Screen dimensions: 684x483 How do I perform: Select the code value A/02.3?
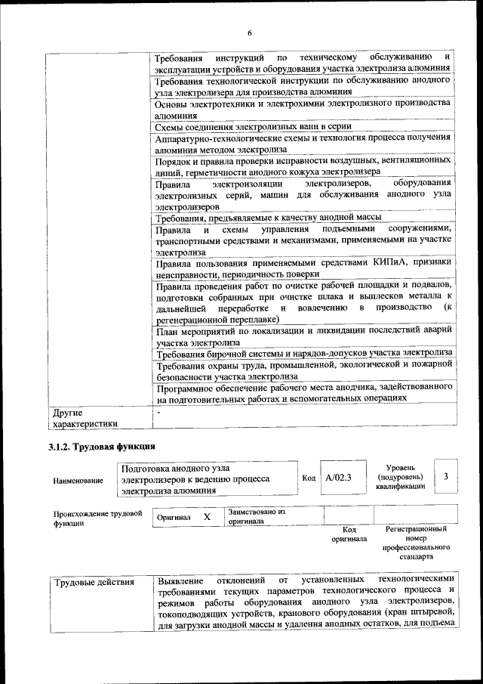click(x=339, y=478)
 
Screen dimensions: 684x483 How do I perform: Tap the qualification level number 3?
click(x=446, y=476)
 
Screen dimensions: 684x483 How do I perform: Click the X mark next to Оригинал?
click(x=207, y=517)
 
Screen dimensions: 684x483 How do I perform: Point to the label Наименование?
click(x=78, y=481)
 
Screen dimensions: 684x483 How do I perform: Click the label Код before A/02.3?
click(x=309, y=478)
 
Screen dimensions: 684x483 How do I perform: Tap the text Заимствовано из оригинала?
click(x=257, y=516)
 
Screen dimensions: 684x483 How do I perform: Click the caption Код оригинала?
click(x=349, y=534)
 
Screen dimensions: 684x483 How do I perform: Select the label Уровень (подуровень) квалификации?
click(x=400, y=477)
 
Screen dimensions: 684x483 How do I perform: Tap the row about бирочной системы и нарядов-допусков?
click(x=303, y=353)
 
